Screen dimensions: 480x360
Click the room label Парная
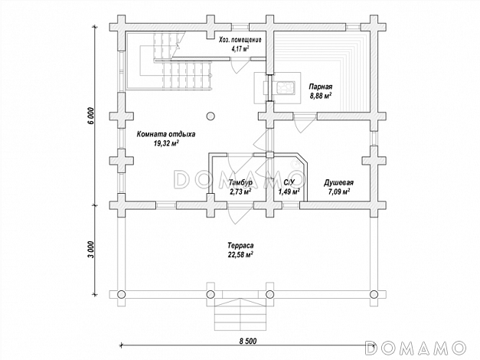point(320,87)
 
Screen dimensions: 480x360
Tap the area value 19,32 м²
point(166,143)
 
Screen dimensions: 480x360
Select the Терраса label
point(240,245)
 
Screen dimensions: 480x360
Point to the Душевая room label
point(338,183)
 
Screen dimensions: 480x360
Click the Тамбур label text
point(240,183)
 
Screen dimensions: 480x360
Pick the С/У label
point(289,183)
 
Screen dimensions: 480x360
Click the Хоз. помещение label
point(240,40)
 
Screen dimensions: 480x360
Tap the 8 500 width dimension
point(247,341)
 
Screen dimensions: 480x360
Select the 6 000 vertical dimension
point(90,116)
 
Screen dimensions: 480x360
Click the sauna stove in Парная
point(285,87)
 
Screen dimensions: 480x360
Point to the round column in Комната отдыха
point(210,116)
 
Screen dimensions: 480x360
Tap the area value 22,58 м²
point(240,254)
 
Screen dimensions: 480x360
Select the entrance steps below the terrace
point(240,315)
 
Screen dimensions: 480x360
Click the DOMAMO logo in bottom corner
point(416,348)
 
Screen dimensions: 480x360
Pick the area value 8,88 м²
point(321,96)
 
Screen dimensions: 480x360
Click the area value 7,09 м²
point(338,192)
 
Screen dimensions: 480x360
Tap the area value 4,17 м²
point(240,49)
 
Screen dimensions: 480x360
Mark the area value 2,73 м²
point(240,192)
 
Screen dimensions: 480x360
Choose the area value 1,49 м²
point(289,192)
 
